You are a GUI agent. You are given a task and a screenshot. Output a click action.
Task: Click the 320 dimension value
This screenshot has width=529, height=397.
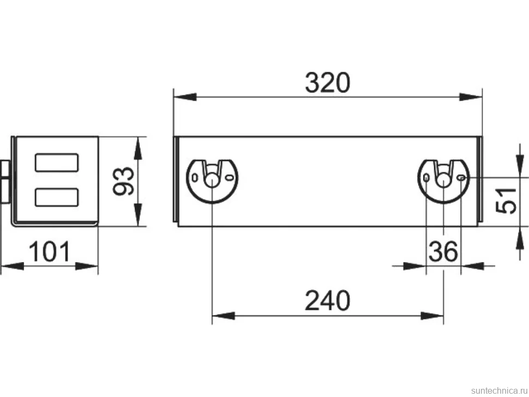point(328,83)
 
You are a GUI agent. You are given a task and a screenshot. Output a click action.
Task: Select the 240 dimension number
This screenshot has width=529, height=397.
point(328,300)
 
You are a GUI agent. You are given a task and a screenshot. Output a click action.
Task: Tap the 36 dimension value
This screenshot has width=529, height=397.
point(443,251)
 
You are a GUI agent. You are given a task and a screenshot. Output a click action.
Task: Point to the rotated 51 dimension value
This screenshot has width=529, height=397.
point(506,201)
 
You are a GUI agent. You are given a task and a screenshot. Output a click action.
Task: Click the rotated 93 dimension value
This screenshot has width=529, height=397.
point(123,181)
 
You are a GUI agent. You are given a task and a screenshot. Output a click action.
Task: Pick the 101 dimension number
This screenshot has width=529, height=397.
point(50,251)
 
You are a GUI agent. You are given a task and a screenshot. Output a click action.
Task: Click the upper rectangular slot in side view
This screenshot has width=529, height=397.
point(57,163)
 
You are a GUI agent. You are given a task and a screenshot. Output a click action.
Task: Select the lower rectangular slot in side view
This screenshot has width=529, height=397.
point(57,197)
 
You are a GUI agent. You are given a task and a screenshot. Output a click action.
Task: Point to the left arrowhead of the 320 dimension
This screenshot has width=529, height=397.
point(185,97)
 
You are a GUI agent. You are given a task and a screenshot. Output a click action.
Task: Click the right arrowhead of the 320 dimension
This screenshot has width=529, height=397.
point(471,97)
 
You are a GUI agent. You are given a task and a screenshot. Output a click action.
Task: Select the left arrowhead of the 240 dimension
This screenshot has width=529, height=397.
point(224,316)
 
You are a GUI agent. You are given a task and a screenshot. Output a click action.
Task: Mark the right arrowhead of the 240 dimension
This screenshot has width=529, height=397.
point(432,316)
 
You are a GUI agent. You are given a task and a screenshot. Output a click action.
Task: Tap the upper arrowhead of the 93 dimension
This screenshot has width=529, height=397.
point(137,148)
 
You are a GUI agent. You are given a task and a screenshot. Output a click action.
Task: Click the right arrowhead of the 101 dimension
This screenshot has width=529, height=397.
point(86,266)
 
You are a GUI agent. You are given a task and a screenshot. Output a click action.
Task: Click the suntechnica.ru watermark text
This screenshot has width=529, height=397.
point(499,390)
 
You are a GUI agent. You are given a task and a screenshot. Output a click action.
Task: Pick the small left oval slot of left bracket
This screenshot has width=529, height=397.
point(195,177)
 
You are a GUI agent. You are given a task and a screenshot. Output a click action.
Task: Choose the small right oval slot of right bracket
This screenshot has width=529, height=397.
point(462,177)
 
